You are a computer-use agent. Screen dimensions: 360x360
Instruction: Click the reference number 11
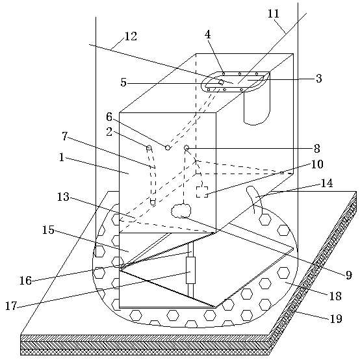tap(274, 14)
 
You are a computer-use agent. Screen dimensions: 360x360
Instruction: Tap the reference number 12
tap(131, 36)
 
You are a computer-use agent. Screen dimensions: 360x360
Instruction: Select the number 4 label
tap(208, 34)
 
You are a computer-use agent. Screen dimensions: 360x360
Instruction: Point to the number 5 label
tap(123, 83)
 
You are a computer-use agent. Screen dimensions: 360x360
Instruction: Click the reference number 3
tap(318, 78)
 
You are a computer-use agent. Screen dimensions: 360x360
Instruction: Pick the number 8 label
tap(317, 149)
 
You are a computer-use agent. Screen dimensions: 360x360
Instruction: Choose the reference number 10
tap(317, 164)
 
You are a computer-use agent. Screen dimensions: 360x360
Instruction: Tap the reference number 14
tap(327, 183)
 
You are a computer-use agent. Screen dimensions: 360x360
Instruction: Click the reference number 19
tap(336, 318)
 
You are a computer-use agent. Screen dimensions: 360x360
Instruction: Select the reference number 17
tap(11, 306)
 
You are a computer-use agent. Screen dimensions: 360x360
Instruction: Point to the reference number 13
tap(63, 197)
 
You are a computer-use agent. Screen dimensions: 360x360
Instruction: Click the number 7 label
tap(65, 136)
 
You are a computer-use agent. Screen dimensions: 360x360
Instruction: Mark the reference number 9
tap(349, 275)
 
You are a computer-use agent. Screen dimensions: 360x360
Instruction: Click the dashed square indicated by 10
tap(202, 192)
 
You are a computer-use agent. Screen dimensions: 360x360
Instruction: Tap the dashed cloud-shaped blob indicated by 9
tap(181, 211)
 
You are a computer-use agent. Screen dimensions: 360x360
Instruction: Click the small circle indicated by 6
tap(168, 148)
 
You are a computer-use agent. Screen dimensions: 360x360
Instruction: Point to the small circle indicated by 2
tap(149, 148)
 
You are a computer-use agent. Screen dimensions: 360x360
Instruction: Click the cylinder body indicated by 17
tap(190, 270)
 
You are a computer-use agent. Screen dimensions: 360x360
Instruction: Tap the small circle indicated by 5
tap(221, 82)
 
